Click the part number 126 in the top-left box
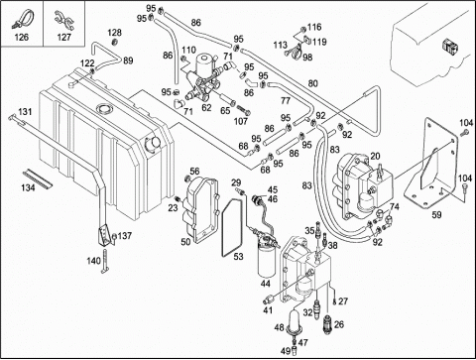click(22, 37)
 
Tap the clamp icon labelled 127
click(63, 20)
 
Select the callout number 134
click(28, 187)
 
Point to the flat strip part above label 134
click(38, 179)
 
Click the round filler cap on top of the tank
click(104, 108)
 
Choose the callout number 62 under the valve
click(206, 108)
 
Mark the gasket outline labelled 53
click(232, 227)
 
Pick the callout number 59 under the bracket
click(436, 215)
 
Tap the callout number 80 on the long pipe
click(312, 83)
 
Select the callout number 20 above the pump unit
click(375, 156)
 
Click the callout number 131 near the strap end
click(25, 112)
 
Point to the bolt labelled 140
click(105, 261)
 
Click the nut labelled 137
click(114, 236)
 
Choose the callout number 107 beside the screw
click(241, 121)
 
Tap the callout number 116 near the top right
click(314, 27)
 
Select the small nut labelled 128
click(115, 42)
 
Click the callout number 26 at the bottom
click(339, 324)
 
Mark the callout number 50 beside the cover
click(185, 242)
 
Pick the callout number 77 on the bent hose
click(286, 100)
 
